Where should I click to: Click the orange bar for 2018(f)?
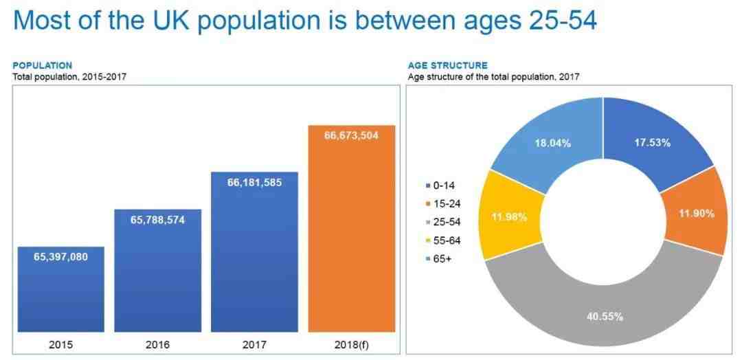click(352, 229)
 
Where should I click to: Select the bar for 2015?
click(61, 289)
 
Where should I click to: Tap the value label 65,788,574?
click(157, 220)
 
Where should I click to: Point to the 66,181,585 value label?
click(255, 182)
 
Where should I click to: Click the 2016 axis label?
click(157, 345)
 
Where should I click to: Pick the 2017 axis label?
click(255, 345)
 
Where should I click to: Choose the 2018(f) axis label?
click(351, 345)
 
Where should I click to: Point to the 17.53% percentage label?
click(652, 143)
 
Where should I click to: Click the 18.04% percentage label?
click(552, 143)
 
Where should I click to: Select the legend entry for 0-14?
click(440, 186)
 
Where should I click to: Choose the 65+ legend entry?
click(438, 259)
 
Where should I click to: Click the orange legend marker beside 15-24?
click(428, 204)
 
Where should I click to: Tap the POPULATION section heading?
click(43, 66)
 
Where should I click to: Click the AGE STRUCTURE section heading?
click(448, 66)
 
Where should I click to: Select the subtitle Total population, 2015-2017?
click(69, 76)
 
